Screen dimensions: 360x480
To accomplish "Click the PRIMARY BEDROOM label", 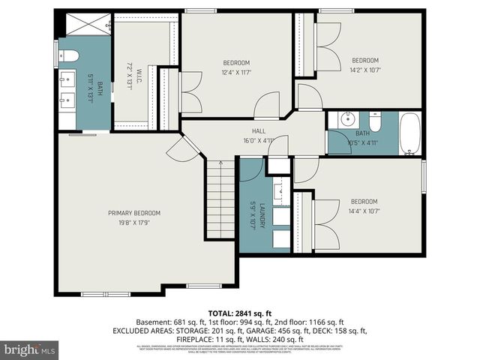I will coord(133,213).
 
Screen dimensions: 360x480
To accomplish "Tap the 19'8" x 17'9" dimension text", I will coord(133,223).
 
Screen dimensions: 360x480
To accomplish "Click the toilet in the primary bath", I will coord(68,55).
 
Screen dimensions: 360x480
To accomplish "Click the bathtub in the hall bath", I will coord(411,133).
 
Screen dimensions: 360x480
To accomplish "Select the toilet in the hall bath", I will coord(374,121).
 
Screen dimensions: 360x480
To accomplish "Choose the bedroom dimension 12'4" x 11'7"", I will coord(236,72).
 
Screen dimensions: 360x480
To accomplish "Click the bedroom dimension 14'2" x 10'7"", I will coord(365,70).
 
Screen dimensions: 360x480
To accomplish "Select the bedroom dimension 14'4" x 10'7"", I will coord(364,211).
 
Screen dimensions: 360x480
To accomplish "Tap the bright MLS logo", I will coord(30,350).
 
